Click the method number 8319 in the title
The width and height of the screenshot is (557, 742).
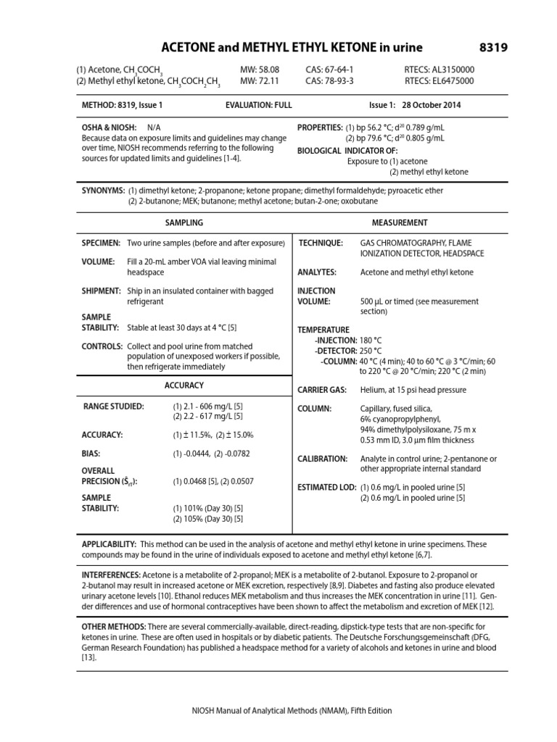coord(493,47)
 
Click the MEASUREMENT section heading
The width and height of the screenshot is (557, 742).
coord(400,222)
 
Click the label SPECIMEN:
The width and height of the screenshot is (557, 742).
coord(102,243)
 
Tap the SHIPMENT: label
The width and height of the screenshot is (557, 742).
coord(102,291)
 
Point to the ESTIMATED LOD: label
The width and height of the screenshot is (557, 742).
coord(328,487)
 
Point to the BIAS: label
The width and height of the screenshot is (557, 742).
coord(91,454)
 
